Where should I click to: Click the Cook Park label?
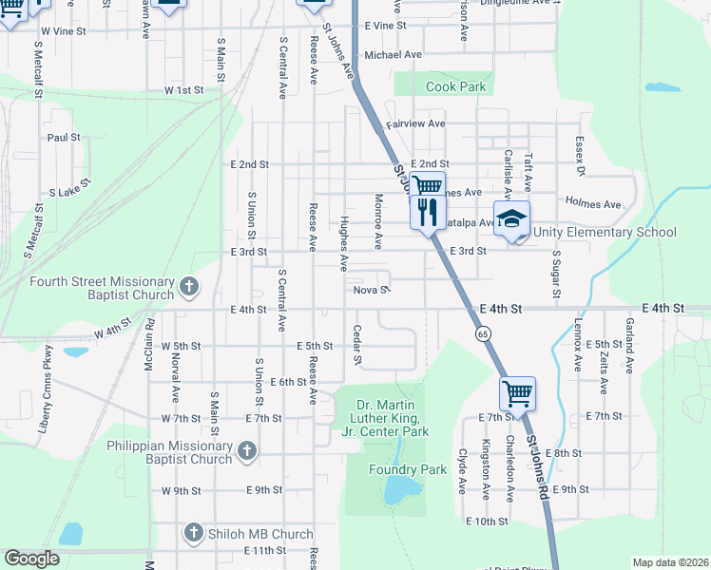coord(455,86)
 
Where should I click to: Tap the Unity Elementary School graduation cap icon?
coord(511,219)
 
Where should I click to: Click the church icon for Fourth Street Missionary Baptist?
coord(189,286)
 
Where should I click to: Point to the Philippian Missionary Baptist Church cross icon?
coord(247,452)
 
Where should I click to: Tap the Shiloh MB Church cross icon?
coord(194,533)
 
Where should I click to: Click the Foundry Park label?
coord(408,469)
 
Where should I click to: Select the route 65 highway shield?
coord(483,334)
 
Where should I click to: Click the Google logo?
coord(31,559)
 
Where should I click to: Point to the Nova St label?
coord(371,290)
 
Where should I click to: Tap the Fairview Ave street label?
coord(415,124)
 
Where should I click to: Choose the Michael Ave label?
coord(393,55)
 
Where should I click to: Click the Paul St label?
coord(64,138)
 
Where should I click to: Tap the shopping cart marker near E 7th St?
coord(517,392)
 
